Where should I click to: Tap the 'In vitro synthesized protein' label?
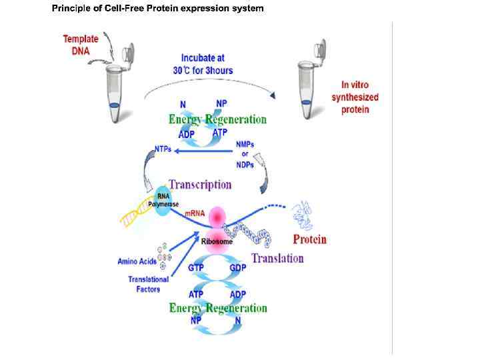[355, 97]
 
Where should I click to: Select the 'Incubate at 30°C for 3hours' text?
[207, 63]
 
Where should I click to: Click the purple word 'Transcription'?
[200, 185]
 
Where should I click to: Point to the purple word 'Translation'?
[277, 258]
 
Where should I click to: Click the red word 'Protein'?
[310, 239]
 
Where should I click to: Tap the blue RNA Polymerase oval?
[163, 199]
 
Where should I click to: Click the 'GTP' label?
[197, 267]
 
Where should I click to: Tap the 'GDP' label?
[238, 267]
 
